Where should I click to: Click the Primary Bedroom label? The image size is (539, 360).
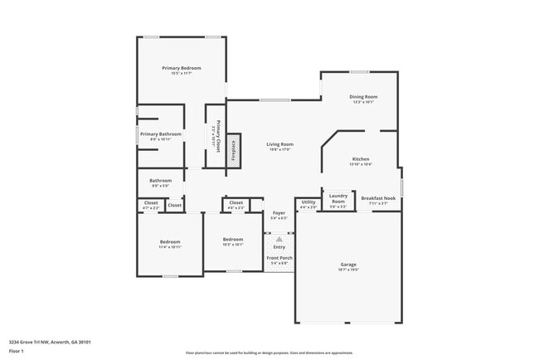[x=182, y=68]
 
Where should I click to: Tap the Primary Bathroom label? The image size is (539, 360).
[x=161, y=134]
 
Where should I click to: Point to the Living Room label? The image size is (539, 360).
[x=279, y=144]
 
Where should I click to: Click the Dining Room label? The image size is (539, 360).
[x=363, y=97]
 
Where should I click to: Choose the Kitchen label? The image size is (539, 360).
[x=361, y=158]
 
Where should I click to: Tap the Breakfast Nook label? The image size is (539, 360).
[x=379, y=198]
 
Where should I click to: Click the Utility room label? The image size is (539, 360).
[x=308, y=202]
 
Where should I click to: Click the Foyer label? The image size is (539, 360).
[x=279, y=213]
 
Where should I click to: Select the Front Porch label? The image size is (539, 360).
[x=279, y=258]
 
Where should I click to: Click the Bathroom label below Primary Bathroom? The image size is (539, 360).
[x=161, y=181]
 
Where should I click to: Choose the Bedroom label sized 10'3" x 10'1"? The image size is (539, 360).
[x=233, y=240]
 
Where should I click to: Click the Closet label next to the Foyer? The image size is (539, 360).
[x=236, y=202]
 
